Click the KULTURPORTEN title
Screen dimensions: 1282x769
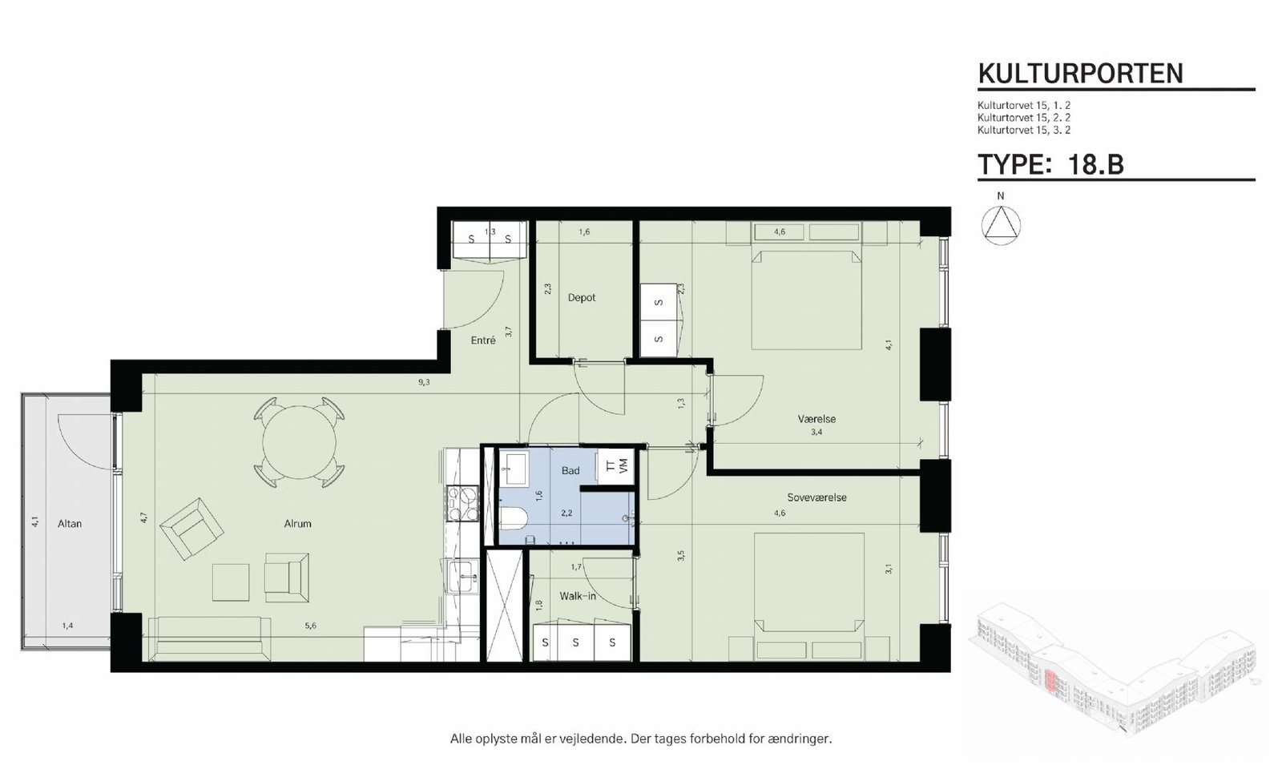[x=1081, y=73]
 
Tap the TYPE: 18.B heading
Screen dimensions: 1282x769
[x=1050, y=164]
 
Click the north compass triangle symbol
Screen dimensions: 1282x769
[x=1001, y=226]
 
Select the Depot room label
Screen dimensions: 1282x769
[x=582, y=297]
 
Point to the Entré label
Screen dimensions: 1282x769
[x=483, y=340]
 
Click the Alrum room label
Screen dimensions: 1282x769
[x=297, y=524]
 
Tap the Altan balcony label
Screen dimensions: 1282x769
[x=70, y=524]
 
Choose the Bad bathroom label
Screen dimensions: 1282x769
[x=570, y=470]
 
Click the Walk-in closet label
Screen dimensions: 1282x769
[x=578, y=596]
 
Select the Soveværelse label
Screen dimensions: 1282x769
[x=816, y=497]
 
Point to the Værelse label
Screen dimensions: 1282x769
[x=816, y=419]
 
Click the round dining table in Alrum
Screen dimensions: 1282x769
[x=300, y=442]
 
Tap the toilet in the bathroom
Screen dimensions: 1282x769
[x=513, y=517]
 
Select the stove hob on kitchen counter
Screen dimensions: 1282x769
[x=462, y=504]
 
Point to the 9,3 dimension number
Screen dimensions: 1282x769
[x=424, y=382]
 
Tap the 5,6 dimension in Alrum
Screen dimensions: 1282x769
[x=311, y=626]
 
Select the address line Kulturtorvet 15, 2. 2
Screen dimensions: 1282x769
[x=1024, y=117]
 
